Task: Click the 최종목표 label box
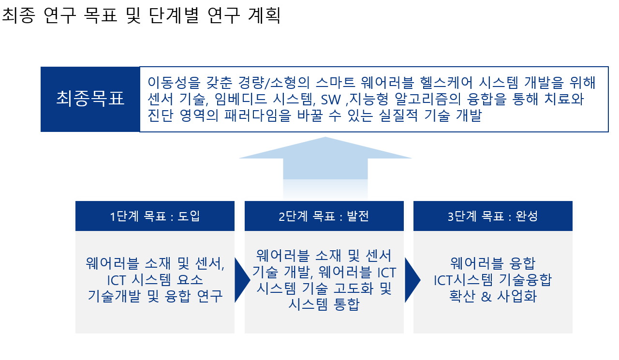pos(90,99)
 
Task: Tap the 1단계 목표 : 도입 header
pos(155,216)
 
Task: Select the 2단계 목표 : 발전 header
pos(324,216)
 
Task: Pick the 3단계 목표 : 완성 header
pos(493,216)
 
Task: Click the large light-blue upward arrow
pos(325,166)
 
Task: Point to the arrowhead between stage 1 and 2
pos(242,280)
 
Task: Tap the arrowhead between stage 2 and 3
pos(413,280)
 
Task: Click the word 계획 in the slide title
pos(265,15)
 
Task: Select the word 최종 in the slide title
pos(19,15)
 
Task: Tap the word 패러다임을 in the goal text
pos(258,115)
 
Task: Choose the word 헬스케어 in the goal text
pos(446,83)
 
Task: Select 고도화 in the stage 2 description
pos(354,288)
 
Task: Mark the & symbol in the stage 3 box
pos(486,297)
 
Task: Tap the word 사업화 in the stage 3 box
pos(517,296)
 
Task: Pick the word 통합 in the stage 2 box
pos(347,304)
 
